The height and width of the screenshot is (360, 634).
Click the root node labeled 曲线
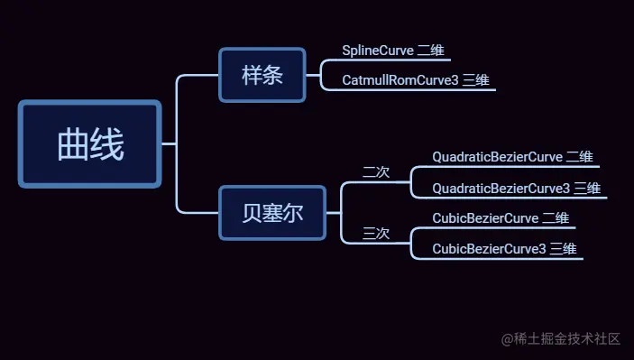point(89,143)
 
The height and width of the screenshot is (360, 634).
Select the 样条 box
point(262,75)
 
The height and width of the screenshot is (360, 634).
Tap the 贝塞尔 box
point(271,214)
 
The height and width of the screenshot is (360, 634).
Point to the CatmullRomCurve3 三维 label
point(415,80)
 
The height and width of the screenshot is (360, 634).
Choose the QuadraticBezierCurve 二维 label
point(512,157)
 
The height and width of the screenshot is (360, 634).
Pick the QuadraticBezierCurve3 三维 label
point(516,189)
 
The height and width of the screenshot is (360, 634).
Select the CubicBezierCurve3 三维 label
point(504,248)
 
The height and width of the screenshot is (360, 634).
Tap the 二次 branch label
point(375,172)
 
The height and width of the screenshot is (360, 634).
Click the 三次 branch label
point(375,234)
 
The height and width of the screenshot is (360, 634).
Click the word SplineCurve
point(378,50)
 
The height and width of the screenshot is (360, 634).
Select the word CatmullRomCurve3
point(400,80)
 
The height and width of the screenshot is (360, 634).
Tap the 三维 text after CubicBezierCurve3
point(564,248)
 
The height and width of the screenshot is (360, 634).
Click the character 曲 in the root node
point(72,143)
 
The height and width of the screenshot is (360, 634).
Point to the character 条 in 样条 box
point(273,75)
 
